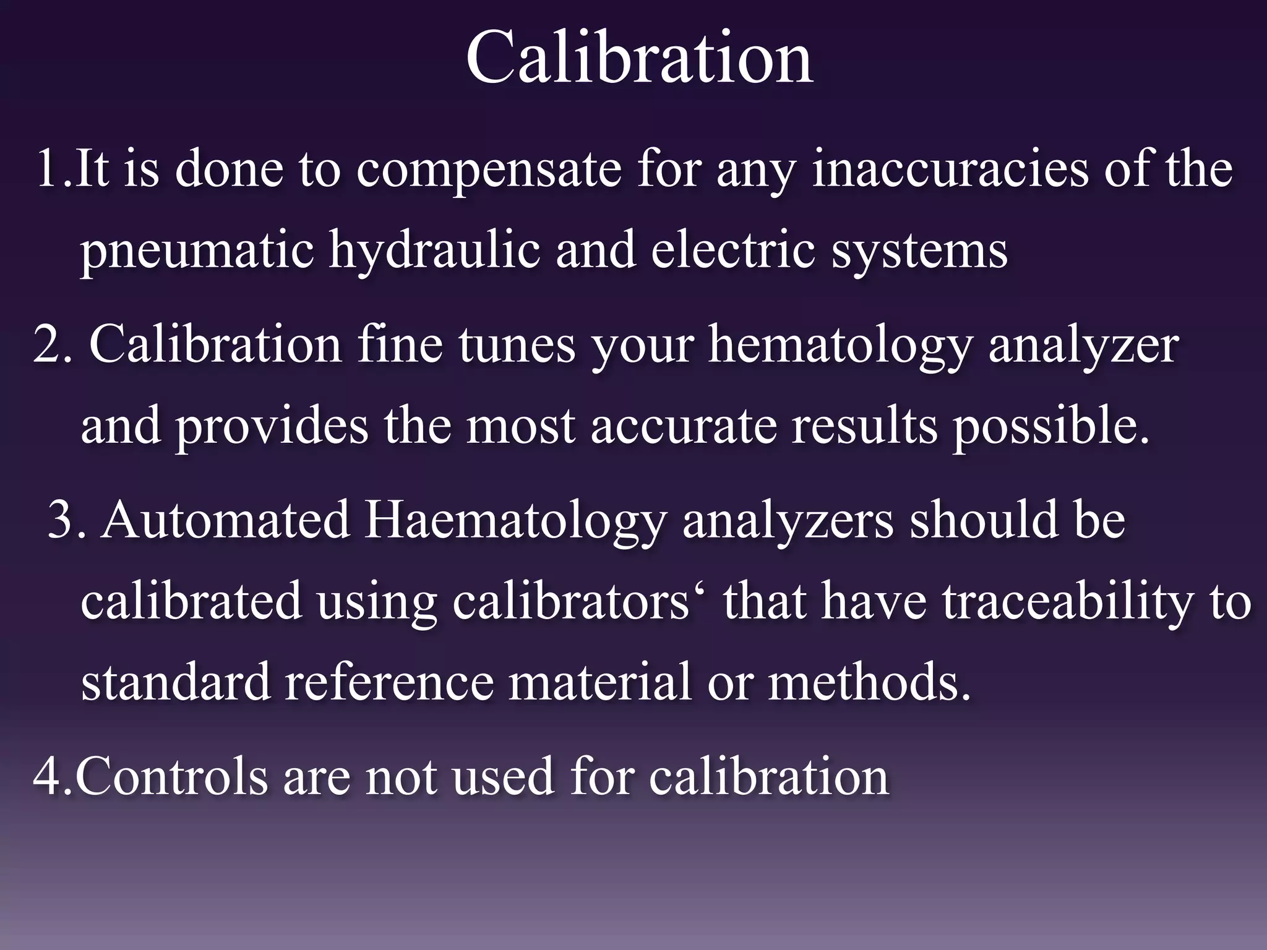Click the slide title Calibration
click(x=639, y=59)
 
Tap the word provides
click(x=272, y=427)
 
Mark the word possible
click(x=1050, y=427)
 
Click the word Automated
click(x=226, y=520)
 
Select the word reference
click(x=389, y=682)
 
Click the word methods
click(x=869, y=682)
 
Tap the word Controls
click(x=171, y=776)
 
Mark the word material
click(x=599, y=682)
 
